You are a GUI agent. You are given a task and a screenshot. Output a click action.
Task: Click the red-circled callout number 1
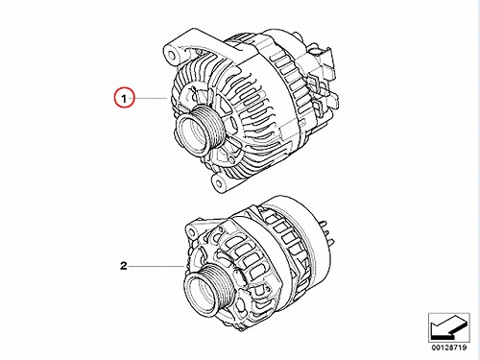click(x=124, y=99)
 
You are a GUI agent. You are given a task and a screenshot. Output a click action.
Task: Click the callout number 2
click(x=124, y=266)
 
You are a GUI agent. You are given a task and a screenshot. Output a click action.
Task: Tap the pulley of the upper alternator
click(x=201, y=130)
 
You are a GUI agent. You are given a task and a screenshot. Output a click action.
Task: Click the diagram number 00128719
click(x=449, y=348)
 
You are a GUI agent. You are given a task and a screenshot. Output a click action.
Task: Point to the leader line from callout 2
click(x=156, y=266)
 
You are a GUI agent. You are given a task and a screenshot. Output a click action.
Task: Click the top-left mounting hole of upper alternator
click(x=172, y=55)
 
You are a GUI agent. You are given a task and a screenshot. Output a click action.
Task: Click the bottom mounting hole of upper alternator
click(x=219, y=183)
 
